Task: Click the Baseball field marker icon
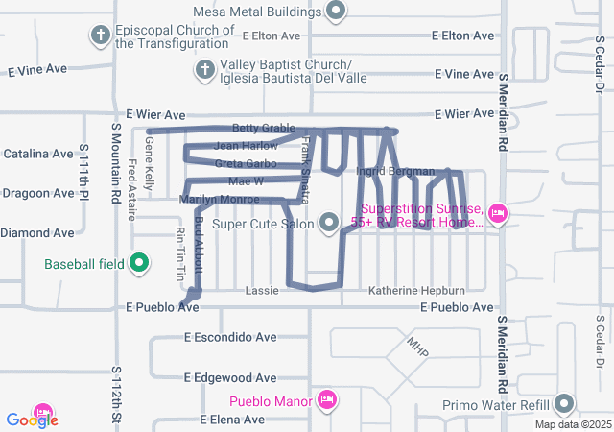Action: point(138,262)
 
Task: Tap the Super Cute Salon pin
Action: point(329,224)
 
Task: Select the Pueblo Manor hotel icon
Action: point(326,398)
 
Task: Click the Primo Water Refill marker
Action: point(564,403)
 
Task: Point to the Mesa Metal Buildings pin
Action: point(336,12)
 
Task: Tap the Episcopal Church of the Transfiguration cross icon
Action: point(99,36)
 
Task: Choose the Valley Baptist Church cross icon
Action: point(203,69)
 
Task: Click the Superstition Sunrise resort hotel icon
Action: point(497,213)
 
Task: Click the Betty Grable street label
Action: point(263,128)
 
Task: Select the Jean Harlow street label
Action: point(246,146)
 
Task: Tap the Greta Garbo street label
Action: point(246,164)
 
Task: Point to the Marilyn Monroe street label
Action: point(220,200)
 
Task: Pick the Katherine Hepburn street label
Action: point(416,291)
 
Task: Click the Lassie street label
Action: point(262,291)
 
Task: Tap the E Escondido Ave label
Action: point(230,337)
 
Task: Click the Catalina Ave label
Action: point(38,154)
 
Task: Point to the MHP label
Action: point(415,343)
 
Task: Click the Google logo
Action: point(32,420)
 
